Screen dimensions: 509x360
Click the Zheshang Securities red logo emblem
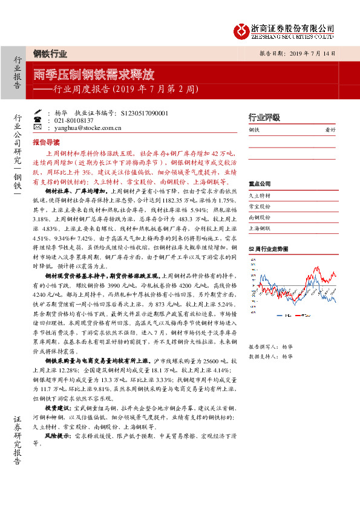pyautogui.click(x=241, y=30)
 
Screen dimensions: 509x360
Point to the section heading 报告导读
pyautogui.click(x=46, y=143)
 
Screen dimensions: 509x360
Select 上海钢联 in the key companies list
pyautogui.click(x=260, y=228)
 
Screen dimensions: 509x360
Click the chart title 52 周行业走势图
pyautogui.click(x=268, y=249)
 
